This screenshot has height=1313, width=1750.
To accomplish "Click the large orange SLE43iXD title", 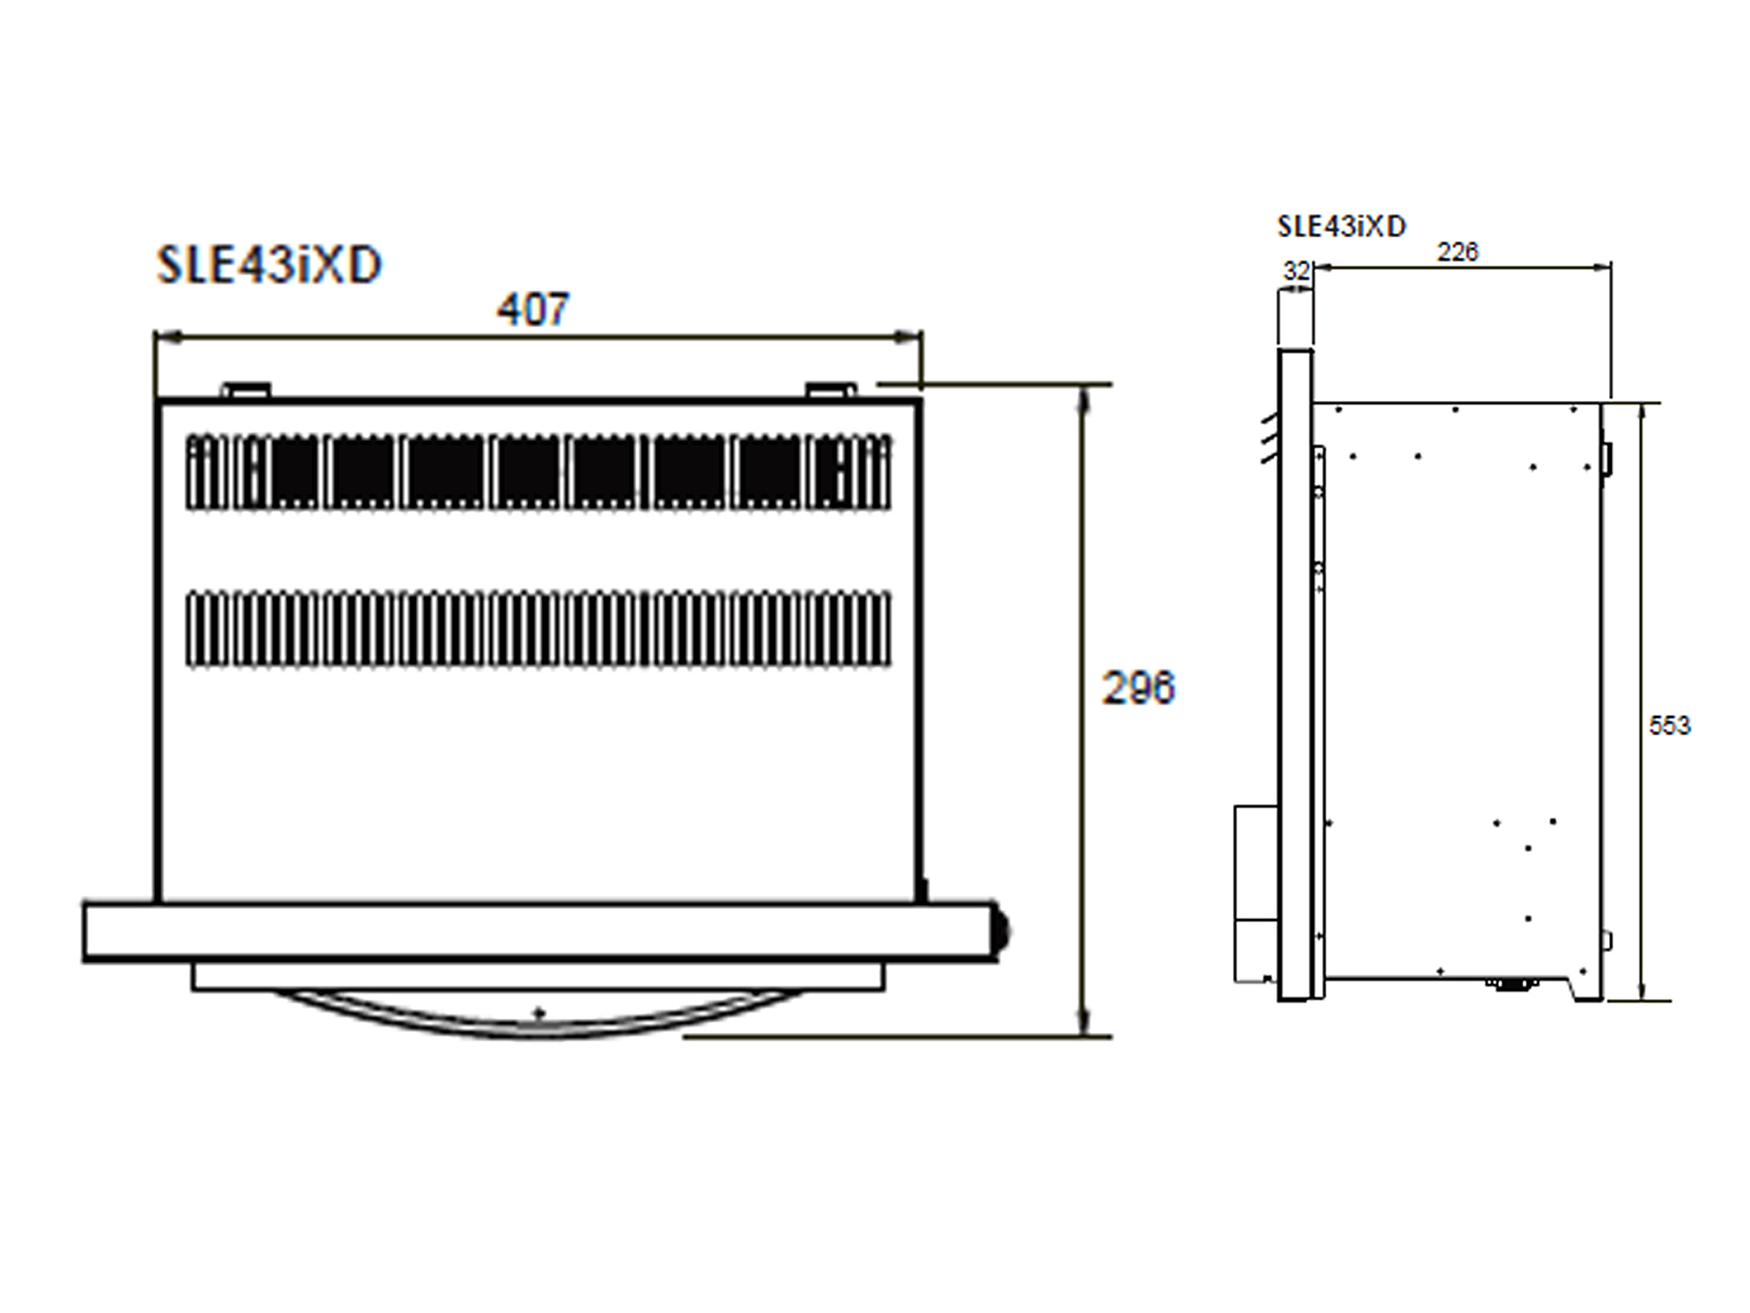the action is (269, 264).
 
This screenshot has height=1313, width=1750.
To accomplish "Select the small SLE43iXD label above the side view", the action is (1341, 227).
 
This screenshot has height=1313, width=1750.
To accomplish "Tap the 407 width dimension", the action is (533, 309).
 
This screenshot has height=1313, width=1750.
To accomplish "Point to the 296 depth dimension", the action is (1138, 688).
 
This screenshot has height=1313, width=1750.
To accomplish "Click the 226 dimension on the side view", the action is (1458, 252).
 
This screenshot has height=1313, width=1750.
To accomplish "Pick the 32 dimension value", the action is (1297, 271).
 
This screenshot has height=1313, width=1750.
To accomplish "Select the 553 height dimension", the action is (1669, 726).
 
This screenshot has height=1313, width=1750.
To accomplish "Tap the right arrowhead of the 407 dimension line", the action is (908, 336).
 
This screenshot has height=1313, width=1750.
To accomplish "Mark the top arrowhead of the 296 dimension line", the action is (1084, 398).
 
